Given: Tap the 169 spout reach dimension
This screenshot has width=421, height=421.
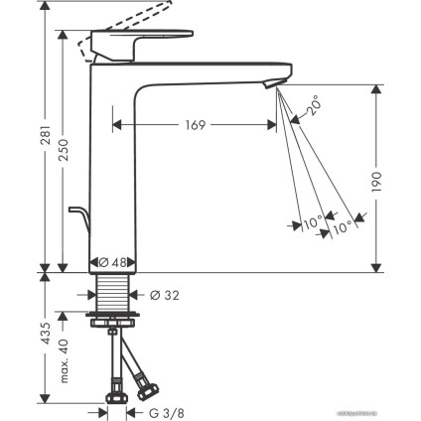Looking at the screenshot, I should [x=195, y=125].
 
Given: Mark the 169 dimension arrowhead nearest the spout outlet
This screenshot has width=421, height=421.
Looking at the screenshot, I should [x=270, y=125].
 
